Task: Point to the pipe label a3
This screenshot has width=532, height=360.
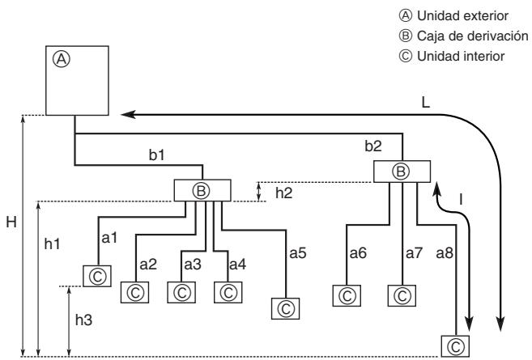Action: pyautogui.click(x=193, y=264)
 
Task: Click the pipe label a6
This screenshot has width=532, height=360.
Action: pyautogui.click(x=358, y=253)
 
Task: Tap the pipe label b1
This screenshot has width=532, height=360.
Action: pyautogui.click(x=157, y=155)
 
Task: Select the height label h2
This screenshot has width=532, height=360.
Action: pyautogui.click(x=283, y=193)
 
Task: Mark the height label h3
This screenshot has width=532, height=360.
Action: pyautogui.click(x=83, y=320)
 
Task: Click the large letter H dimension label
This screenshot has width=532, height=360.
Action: pyautogui.click(x=11, y=222)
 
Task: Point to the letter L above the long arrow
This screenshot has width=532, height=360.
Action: pyautogui.click(x=425, y=103)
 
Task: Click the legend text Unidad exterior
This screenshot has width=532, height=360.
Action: pyautogui.click(x=462, y=16)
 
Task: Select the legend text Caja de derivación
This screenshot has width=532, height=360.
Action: pyautogui.click(x=473, y=36)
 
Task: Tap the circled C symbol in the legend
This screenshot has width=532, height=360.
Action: pyautogui.click(x=406, y=56)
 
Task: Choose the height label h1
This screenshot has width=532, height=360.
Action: pyautogui.click(x=52, y=244)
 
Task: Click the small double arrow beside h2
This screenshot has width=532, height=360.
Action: pyautogui.click(x=259, y=192)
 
